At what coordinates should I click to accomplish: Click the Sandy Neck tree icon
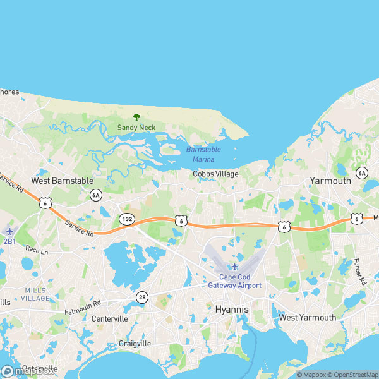pyautogui.click(x=136, y=117)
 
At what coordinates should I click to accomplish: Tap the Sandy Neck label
pyautogui.click(x=136, y=128)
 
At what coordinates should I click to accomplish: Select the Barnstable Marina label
pyautogui.click(x=203, y=154)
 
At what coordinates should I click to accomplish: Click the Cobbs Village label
pyautogui.click(x=215, y=174)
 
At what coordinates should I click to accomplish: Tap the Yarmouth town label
pyautogui.click(x=330, y=181)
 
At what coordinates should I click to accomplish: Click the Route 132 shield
pyautogui.click(x=126, y=219)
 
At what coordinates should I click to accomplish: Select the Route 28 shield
pyautogui.click(x=141, y=297)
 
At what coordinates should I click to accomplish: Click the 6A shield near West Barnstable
pyautogui.click(x=95, y=195)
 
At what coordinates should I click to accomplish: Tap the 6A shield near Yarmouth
pyautogui.click(x=361, y=172)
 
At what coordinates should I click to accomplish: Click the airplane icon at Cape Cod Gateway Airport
pyautogui.click(x=235, y=266)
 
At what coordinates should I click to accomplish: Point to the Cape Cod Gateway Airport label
pyautogui.click(x=235, y=281)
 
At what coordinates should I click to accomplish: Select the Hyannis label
pyautogui.click(x=232, y=310)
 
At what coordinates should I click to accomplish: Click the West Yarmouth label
pyautogui.click(x=308, y=318)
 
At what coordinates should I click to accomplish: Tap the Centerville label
pyautogui.click(x=109, y=319)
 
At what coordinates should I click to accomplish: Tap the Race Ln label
pyautogui.click(x=37, y=250)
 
